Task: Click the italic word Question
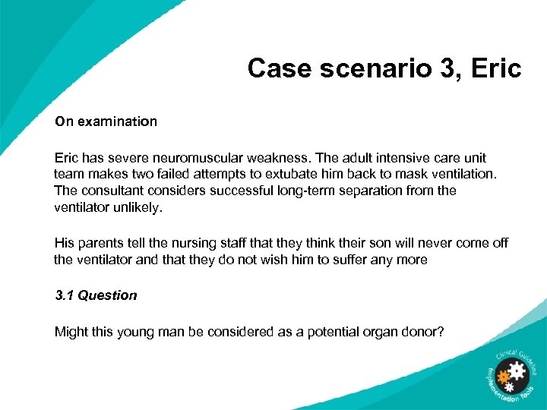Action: (107, 295)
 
